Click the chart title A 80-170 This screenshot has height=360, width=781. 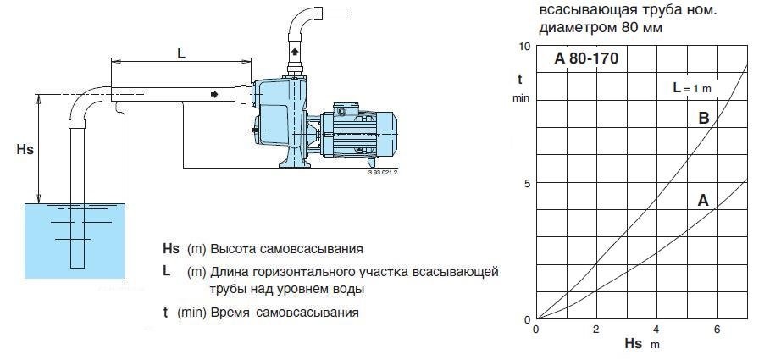[586, 59]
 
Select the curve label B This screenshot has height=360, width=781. [703, 119]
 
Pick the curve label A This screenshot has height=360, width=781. [702, 201]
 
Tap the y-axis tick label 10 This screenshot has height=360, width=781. [523, 46]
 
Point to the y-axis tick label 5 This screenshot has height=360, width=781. [526, 183]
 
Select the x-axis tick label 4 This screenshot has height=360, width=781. [656, 329]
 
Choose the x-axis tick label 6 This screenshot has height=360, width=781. [717, 329]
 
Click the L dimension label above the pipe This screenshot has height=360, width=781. [180, 52]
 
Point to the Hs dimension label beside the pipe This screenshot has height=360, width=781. [25, 148]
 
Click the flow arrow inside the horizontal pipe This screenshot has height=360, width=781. [213, 94]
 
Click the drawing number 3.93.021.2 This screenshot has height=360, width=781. [383, 172]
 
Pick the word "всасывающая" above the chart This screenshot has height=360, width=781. [579, 11]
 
